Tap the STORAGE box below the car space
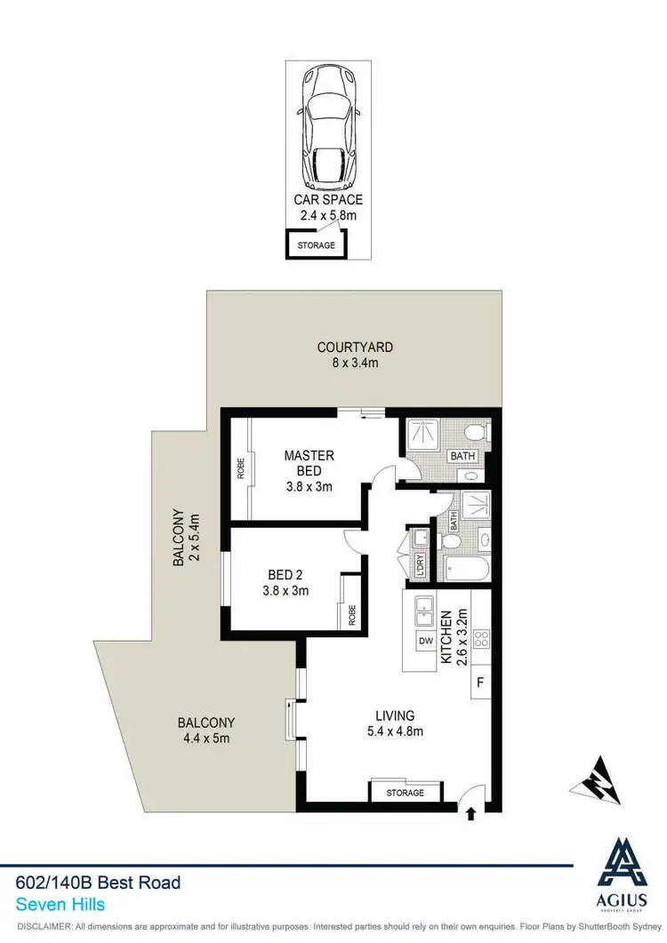316,244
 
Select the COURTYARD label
355,348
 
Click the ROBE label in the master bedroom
241,468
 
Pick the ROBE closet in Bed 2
351,614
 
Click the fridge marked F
480,683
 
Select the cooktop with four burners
480,638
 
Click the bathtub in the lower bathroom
465,569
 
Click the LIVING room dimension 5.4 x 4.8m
395,731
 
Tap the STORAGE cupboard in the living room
405,791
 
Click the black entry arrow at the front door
470,812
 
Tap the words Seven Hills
60,905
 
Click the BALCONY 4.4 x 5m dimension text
206,738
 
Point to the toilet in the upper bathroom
476,433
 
